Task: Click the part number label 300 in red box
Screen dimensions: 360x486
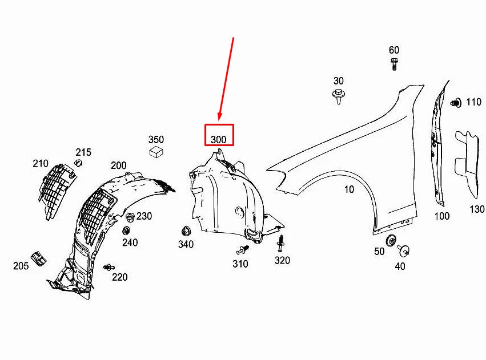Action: tap(219, 139)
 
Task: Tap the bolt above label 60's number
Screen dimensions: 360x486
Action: tap(394, 63)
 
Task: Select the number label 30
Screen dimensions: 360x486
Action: tap(339, 80)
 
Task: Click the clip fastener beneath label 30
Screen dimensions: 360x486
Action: tap(338, 95)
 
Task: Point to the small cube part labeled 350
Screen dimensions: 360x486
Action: tap(156, 152)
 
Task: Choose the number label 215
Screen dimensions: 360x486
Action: tap(83, 152)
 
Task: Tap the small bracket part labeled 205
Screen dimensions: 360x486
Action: tap(38, 257)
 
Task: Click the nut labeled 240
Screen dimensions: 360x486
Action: tap(126, 230)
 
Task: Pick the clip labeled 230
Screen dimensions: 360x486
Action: tap(129, 217)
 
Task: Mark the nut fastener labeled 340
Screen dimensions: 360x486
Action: tap(185, 231)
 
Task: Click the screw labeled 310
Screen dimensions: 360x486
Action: tap(243, 250)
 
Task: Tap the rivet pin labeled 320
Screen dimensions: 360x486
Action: tap(281, 244)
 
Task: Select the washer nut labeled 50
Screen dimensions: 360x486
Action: tap(391, 240)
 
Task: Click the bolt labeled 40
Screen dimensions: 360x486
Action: tap(404, 249)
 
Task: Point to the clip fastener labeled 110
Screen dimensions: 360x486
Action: tap(456, 103)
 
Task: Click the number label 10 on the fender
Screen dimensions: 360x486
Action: tap(349, 189)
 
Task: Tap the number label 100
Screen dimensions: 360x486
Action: tap(441, 216)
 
